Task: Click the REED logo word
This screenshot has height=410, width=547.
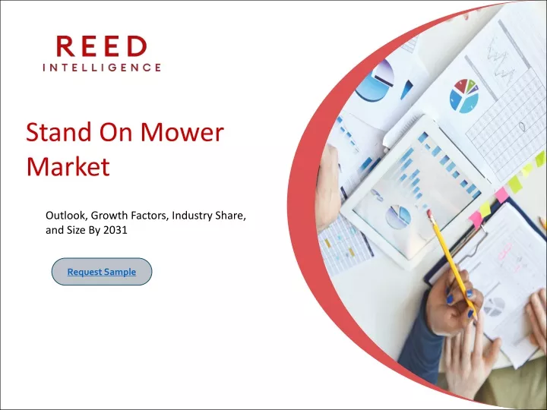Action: tap(102, 46)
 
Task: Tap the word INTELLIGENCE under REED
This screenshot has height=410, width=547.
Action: tap(102, 68)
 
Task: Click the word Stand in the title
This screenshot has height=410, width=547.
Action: tap(58, 132)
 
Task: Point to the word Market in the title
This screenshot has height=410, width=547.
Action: tap(68, 166)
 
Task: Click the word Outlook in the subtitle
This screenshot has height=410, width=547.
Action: tap(66, 216)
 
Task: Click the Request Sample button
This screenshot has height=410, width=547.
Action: tap(102, 272)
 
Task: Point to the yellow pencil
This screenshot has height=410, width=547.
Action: tap(452, 263)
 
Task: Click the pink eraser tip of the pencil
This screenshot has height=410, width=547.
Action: tap(430, 213)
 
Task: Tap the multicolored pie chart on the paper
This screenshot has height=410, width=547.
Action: tap(464, 96)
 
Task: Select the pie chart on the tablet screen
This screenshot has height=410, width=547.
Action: tap(398, 216)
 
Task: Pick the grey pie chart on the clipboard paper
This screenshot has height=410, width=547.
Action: tap(494, 307)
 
